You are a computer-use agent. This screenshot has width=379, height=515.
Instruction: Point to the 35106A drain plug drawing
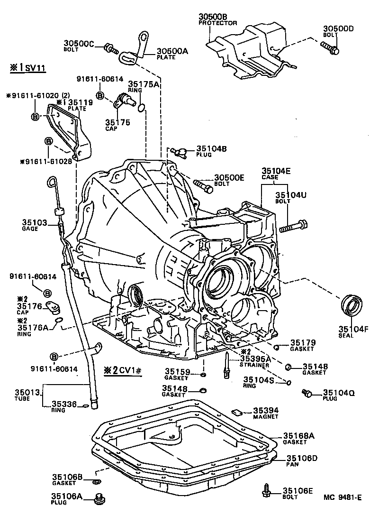click(100, 498)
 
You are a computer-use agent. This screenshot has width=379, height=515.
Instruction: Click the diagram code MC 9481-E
click(343, 497)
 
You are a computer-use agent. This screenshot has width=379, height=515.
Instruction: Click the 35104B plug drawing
click(179, 152)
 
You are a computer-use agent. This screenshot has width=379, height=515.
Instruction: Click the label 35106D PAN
click(302, 460)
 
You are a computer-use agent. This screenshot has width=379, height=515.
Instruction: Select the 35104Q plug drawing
click(307, 393)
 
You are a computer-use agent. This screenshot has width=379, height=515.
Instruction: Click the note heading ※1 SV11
click(27, 68)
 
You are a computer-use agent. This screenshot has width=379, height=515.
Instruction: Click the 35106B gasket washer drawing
click(97, 482)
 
